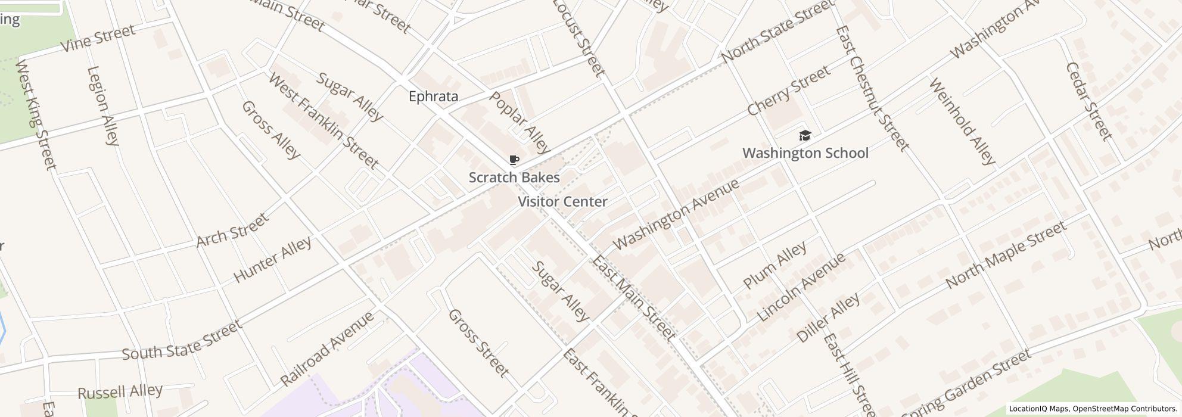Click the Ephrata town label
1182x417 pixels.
tap(433, 97)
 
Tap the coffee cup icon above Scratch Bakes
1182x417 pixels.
tap(514, 160)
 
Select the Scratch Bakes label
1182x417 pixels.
tap(514, 178)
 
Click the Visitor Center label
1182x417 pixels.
tap(562, 202)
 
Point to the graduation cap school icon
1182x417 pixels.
tap(804, 136)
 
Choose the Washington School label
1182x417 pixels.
tap(805, 153)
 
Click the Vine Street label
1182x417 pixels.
tap(98, 38)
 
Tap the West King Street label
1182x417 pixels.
tap(36, 114)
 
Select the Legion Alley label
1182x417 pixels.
tap(103, 106)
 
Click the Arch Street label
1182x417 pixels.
tap(232, 231)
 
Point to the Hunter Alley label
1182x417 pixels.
tap(272, 260)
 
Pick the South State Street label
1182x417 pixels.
tap(182, 340)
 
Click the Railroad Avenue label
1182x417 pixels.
tap(327, 348)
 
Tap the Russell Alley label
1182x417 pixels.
tap(120, 392)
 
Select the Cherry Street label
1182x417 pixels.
tap(788, 91)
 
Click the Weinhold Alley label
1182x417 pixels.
tap(961, 121)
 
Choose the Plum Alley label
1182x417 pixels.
tap(774, 265)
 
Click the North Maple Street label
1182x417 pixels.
tap(1005, 255)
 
